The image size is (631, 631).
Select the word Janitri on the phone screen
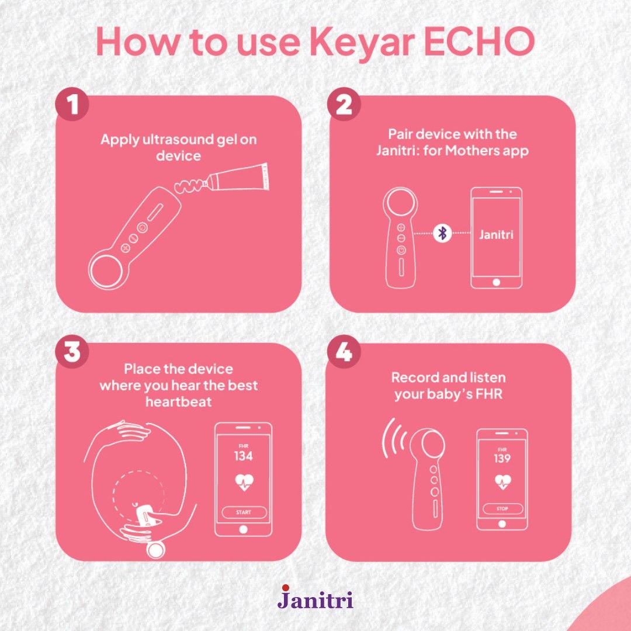tap(496, 235)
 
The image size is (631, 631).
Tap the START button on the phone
tap(243, 512)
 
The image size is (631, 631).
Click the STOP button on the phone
tap(502, 509)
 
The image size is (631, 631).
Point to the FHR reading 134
tap(243, 456)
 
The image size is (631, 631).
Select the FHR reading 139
tap(502, 458)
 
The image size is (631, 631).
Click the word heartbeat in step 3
tap(178, 402)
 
